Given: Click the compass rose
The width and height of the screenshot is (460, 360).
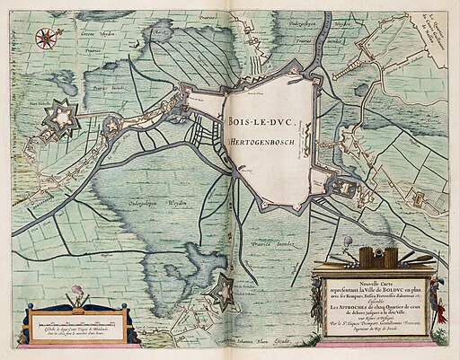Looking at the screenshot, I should (44, 38).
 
